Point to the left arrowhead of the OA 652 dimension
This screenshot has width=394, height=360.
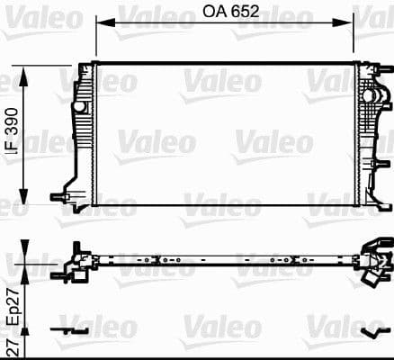[100, 25]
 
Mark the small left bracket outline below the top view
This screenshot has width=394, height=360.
[72, 330]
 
